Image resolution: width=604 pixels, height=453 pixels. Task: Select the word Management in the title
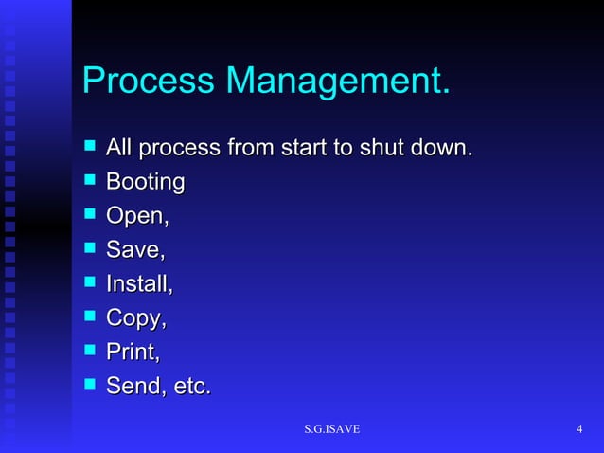[x=335, y=82]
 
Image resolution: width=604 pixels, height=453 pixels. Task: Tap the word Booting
[x=145, y=182]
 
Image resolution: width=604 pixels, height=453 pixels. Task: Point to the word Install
[x=137, y=283]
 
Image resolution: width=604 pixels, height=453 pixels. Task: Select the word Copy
[x=134, y=318]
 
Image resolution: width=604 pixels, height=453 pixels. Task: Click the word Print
[x=131, y=352]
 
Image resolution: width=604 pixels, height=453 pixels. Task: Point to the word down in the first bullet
[x=438, y=148]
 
